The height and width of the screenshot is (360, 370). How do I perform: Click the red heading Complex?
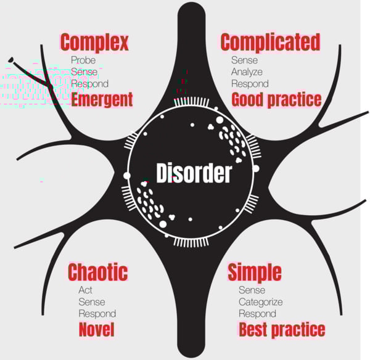click(94, 43)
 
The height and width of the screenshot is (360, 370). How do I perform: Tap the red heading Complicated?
click(270, 42)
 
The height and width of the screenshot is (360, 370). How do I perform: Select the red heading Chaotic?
click(97, 272)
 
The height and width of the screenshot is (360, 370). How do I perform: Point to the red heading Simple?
click(254, 272)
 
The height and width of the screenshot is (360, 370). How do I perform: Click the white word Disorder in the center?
click(193, 174)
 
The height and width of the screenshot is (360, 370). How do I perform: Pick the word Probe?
click(83, 60)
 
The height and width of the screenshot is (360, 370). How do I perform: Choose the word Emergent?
click(102, 100)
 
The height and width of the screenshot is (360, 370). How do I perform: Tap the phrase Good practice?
click(276, 99)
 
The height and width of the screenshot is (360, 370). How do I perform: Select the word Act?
click(86, 290)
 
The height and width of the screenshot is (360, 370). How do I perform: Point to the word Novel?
click(96, 330)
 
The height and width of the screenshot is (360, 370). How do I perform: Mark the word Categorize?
click(261, 302)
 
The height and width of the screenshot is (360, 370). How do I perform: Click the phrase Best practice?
click(281, 329)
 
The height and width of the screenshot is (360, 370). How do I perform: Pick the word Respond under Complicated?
click(250, 84)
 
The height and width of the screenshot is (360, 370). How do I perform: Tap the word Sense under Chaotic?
click(91, 302)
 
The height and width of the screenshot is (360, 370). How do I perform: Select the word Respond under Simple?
click(258, 314)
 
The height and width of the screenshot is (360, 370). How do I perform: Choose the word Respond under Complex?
click(90, 84)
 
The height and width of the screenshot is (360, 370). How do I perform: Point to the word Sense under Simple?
click(252, 290)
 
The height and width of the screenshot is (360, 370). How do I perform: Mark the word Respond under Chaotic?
click(97, 314)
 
